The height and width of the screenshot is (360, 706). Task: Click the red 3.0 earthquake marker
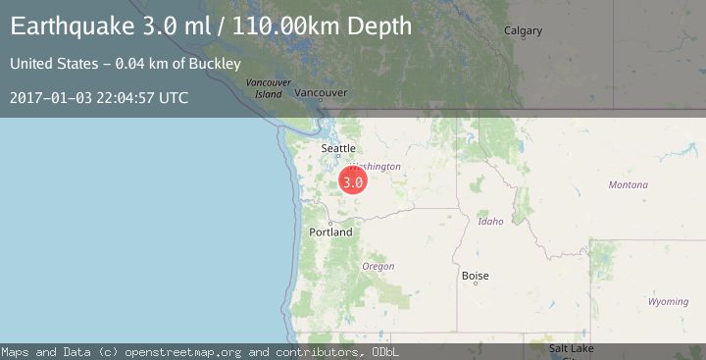(x=353, y=181)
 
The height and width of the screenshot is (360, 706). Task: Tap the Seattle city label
(x=338, y=149)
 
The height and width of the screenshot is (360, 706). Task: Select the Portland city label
(x=330, y=232)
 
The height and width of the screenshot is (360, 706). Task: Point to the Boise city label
(x=475, y=276)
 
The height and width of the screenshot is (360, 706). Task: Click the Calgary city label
(x=523, y=30)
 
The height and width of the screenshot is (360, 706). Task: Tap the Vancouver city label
(x=321, y=93)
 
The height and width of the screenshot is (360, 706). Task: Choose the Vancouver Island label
(x=269, y=88)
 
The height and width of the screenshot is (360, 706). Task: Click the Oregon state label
(x=378, y=266)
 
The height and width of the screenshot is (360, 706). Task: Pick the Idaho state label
(x=490, y=221)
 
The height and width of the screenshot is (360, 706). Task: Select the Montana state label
(x=628, y=184)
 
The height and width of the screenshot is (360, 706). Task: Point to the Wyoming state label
(x=668, y=301)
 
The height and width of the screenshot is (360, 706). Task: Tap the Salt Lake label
(x=570, y=348)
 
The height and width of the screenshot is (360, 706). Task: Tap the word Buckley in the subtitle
(x=217, y=64)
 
